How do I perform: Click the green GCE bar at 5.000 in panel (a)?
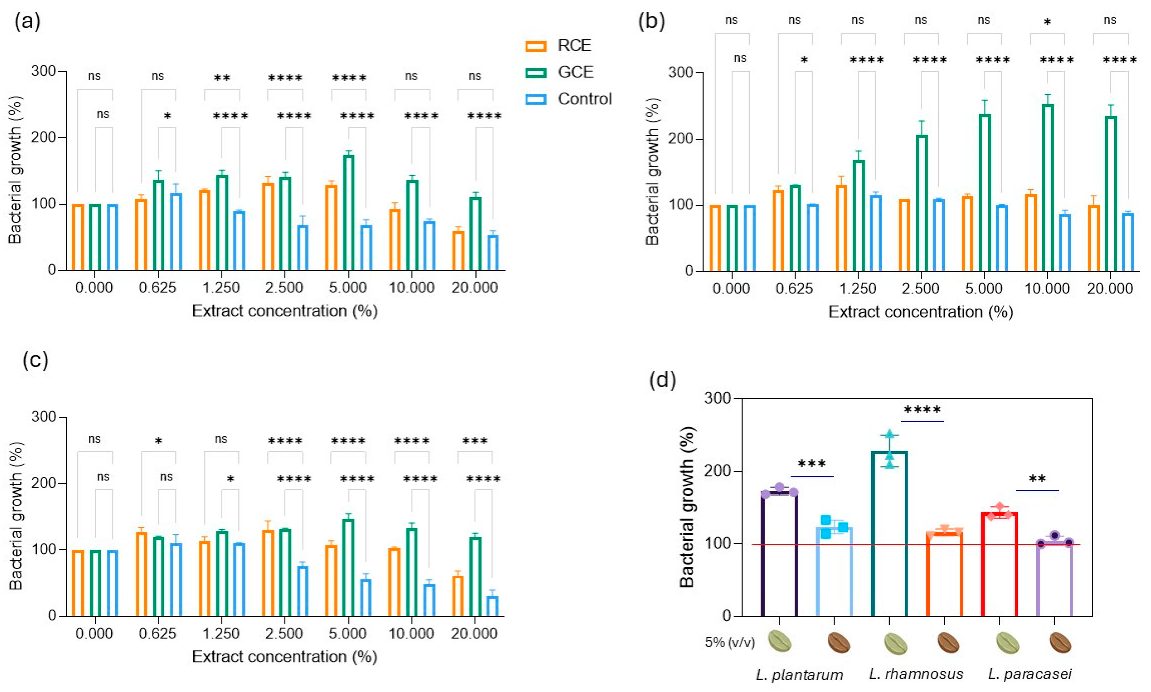pyautogui.click(x=348, y=213)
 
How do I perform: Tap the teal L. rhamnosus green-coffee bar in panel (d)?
pyautogui.click(x=889, y=533)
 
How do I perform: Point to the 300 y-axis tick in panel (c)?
pyautogui.click(x=44, y=417)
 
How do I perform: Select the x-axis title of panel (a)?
pyautogui.click(x=285, y=311)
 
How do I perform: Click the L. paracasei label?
pyautogui.click(x=1030, y=674)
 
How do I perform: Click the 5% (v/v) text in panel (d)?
pyautogui.click(x=729, y=642)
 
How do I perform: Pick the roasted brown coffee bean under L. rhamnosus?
pyautogui.click(x=948, y=643)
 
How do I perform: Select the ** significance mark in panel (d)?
pyautogui.click(x=1037, y=479)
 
